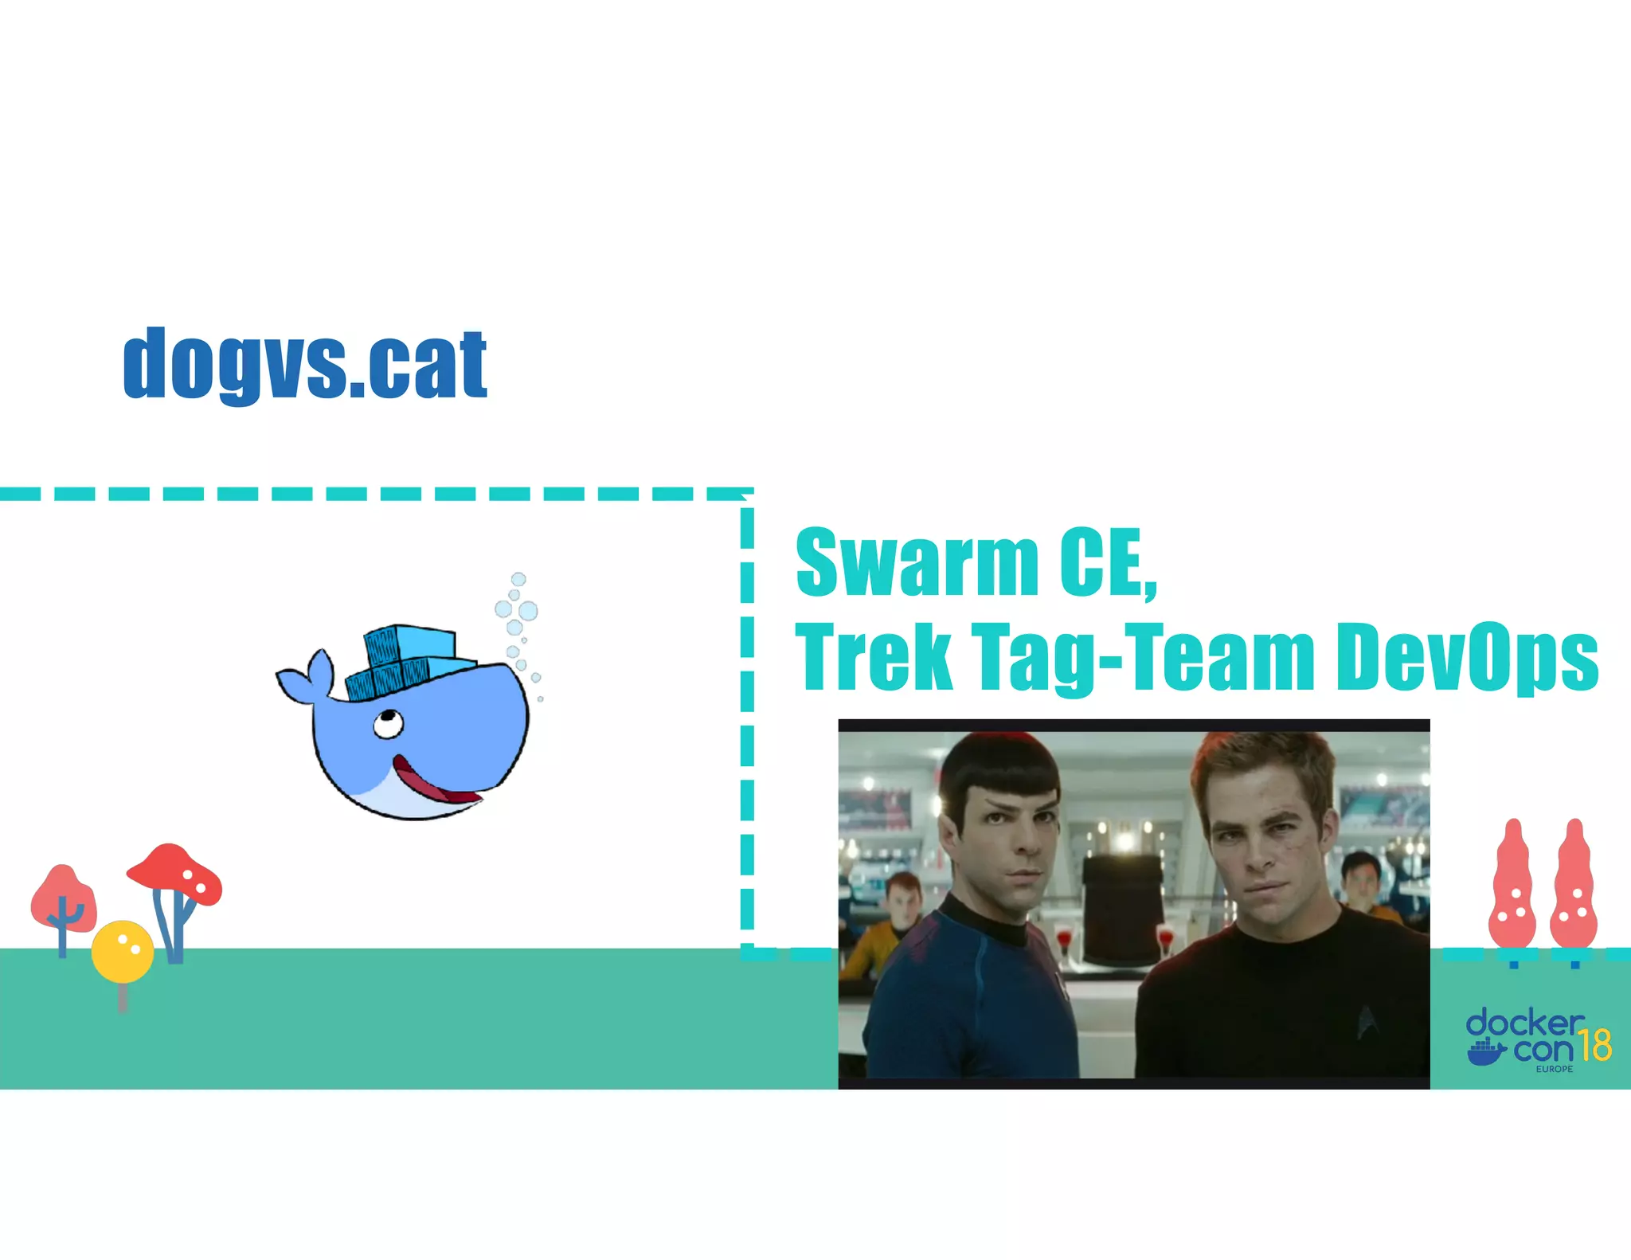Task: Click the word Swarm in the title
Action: [x=917, y=562]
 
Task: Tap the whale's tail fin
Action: [x=306, y=678]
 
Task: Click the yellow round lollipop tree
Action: [x=122, y=951]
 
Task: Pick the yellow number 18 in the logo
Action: [x=1595, y=1045]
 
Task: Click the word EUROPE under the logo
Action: [x=1554, y=1069]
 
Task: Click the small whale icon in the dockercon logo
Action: [x=1486, y=1051]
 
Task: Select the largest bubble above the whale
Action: [x=528, y=611]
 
